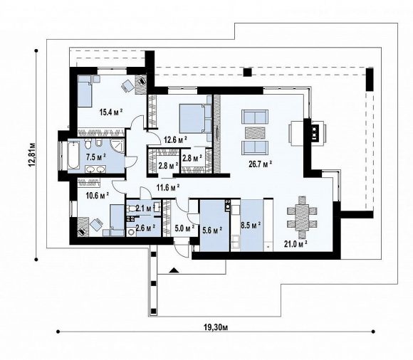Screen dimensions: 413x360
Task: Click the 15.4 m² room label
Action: coord(111,112)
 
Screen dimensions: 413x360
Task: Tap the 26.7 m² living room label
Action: coord(261,164)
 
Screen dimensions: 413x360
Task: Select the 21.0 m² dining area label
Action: coord(296,244)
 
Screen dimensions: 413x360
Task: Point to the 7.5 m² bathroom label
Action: coord(96,157)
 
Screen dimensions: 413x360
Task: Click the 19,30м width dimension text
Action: coord(216,327)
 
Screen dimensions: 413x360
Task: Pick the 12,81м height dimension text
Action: coord(32,154)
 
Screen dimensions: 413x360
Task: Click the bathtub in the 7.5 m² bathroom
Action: coord(73,154)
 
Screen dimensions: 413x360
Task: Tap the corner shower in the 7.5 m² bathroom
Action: coord(117,146)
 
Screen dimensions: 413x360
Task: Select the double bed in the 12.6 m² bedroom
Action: coord(195,118)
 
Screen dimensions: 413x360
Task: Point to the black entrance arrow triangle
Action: coord(173,270)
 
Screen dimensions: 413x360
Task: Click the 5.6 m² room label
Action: coord(212,230)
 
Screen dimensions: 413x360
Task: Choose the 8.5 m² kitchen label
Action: coord(251,226)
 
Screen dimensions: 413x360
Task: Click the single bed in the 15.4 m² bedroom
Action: coord(85,91)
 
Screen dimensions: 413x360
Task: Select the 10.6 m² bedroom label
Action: coord(98,196)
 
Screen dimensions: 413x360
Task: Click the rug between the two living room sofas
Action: coord(255,132)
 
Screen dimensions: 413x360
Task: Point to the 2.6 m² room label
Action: coord(145,227)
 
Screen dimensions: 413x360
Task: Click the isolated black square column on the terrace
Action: coord(247,72)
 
